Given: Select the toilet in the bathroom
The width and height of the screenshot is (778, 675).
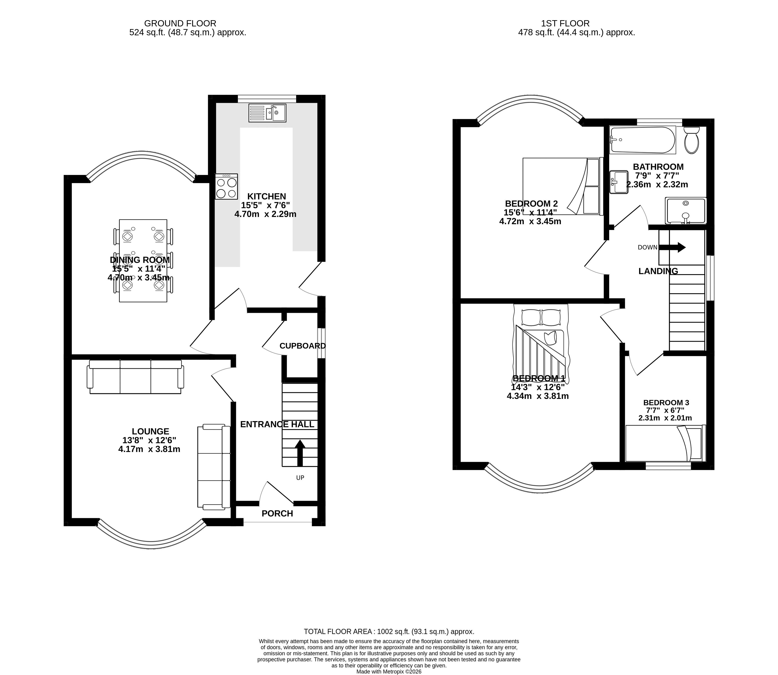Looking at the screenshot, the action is [x=691, y=140].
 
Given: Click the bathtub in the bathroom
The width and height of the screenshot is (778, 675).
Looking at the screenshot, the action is [x=642, y=140].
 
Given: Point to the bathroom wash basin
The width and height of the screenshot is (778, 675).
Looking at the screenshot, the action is [x=619, y=182].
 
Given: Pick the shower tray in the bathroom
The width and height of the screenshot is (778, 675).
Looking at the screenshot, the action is [x=685, y=210].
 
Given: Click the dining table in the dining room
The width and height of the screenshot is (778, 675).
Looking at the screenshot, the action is [x=143, y=261].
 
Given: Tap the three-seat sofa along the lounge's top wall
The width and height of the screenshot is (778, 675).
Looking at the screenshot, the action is [x=136, y=377].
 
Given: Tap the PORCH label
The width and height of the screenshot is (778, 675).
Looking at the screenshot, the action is [x=277, y=513].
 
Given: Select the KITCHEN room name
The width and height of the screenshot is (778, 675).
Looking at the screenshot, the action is [x=266, y=196].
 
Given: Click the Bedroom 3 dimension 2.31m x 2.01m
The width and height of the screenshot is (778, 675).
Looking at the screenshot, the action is [x=665, y=418].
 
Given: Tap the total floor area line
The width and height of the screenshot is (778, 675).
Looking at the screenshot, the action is [x=389, y=632].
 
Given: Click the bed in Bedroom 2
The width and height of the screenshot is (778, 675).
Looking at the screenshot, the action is [x=563, y=186].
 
